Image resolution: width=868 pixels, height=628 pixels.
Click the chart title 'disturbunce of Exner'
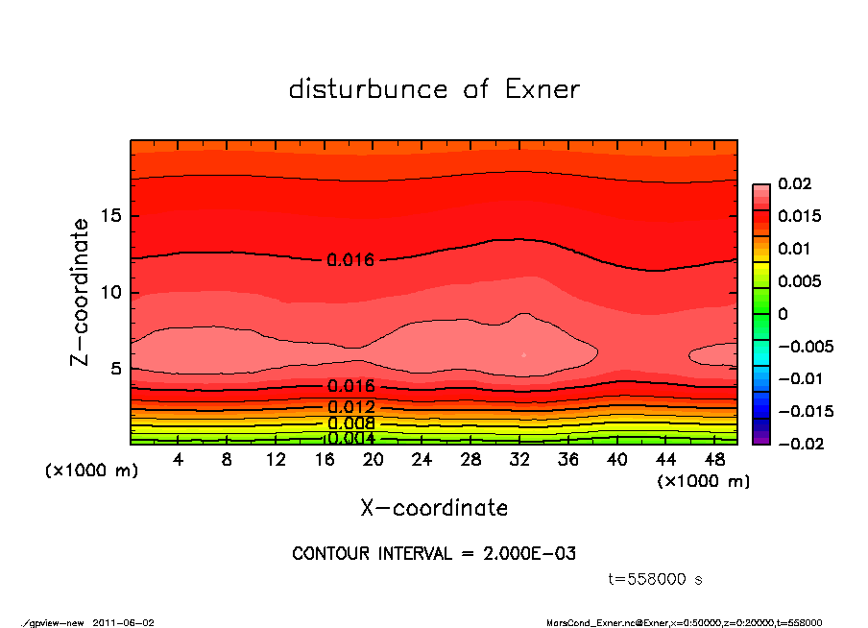coord(434,89)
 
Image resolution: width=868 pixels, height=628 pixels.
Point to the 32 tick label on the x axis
coord(519,460)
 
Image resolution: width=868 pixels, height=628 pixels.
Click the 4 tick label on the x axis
coord(179,460)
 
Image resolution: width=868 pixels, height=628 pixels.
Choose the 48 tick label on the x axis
coord(713,460)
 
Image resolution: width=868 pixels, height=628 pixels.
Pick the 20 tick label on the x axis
coord(374,460)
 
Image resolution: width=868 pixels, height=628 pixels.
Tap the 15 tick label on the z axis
coord(111,216)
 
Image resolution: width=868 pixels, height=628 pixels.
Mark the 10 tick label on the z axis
coord(111,293)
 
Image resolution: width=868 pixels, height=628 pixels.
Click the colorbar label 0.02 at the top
coord(795,183)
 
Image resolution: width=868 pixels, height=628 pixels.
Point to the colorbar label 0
coord(784,314)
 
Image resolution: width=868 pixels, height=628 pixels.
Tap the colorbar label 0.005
coord(800,281)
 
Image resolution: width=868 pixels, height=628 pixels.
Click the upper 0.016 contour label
coord(350,260)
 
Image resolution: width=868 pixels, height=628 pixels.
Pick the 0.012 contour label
coord(350,407)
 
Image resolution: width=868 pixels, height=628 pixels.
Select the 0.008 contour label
coord(350,423)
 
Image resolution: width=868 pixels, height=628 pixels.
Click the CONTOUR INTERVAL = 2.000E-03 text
coord(434,554)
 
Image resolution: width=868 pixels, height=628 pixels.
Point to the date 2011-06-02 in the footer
coord(124,622)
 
